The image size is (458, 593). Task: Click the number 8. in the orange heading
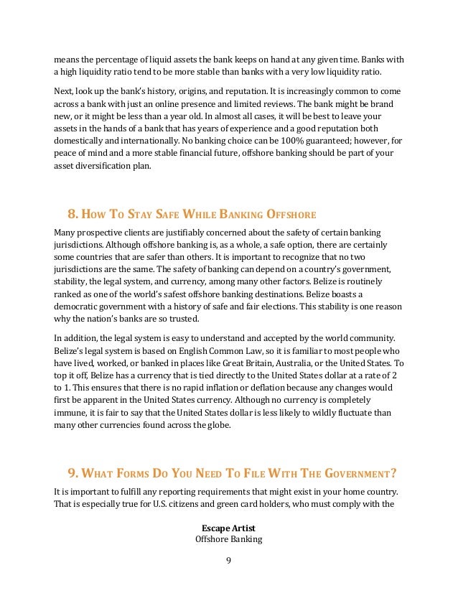72,214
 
